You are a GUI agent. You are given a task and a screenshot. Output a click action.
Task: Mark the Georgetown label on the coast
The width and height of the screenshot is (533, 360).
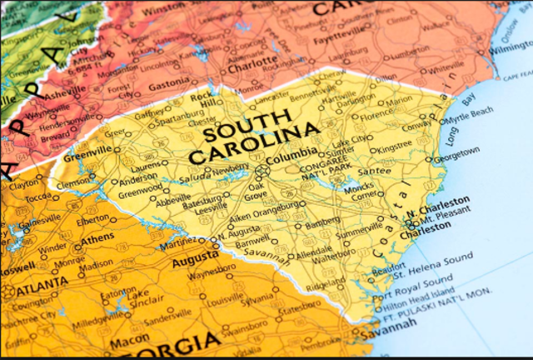tap(457, 153)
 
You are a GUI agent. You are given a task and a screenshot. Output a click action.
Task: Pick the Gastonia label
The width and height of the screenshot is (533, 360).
tap(169, 86)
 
